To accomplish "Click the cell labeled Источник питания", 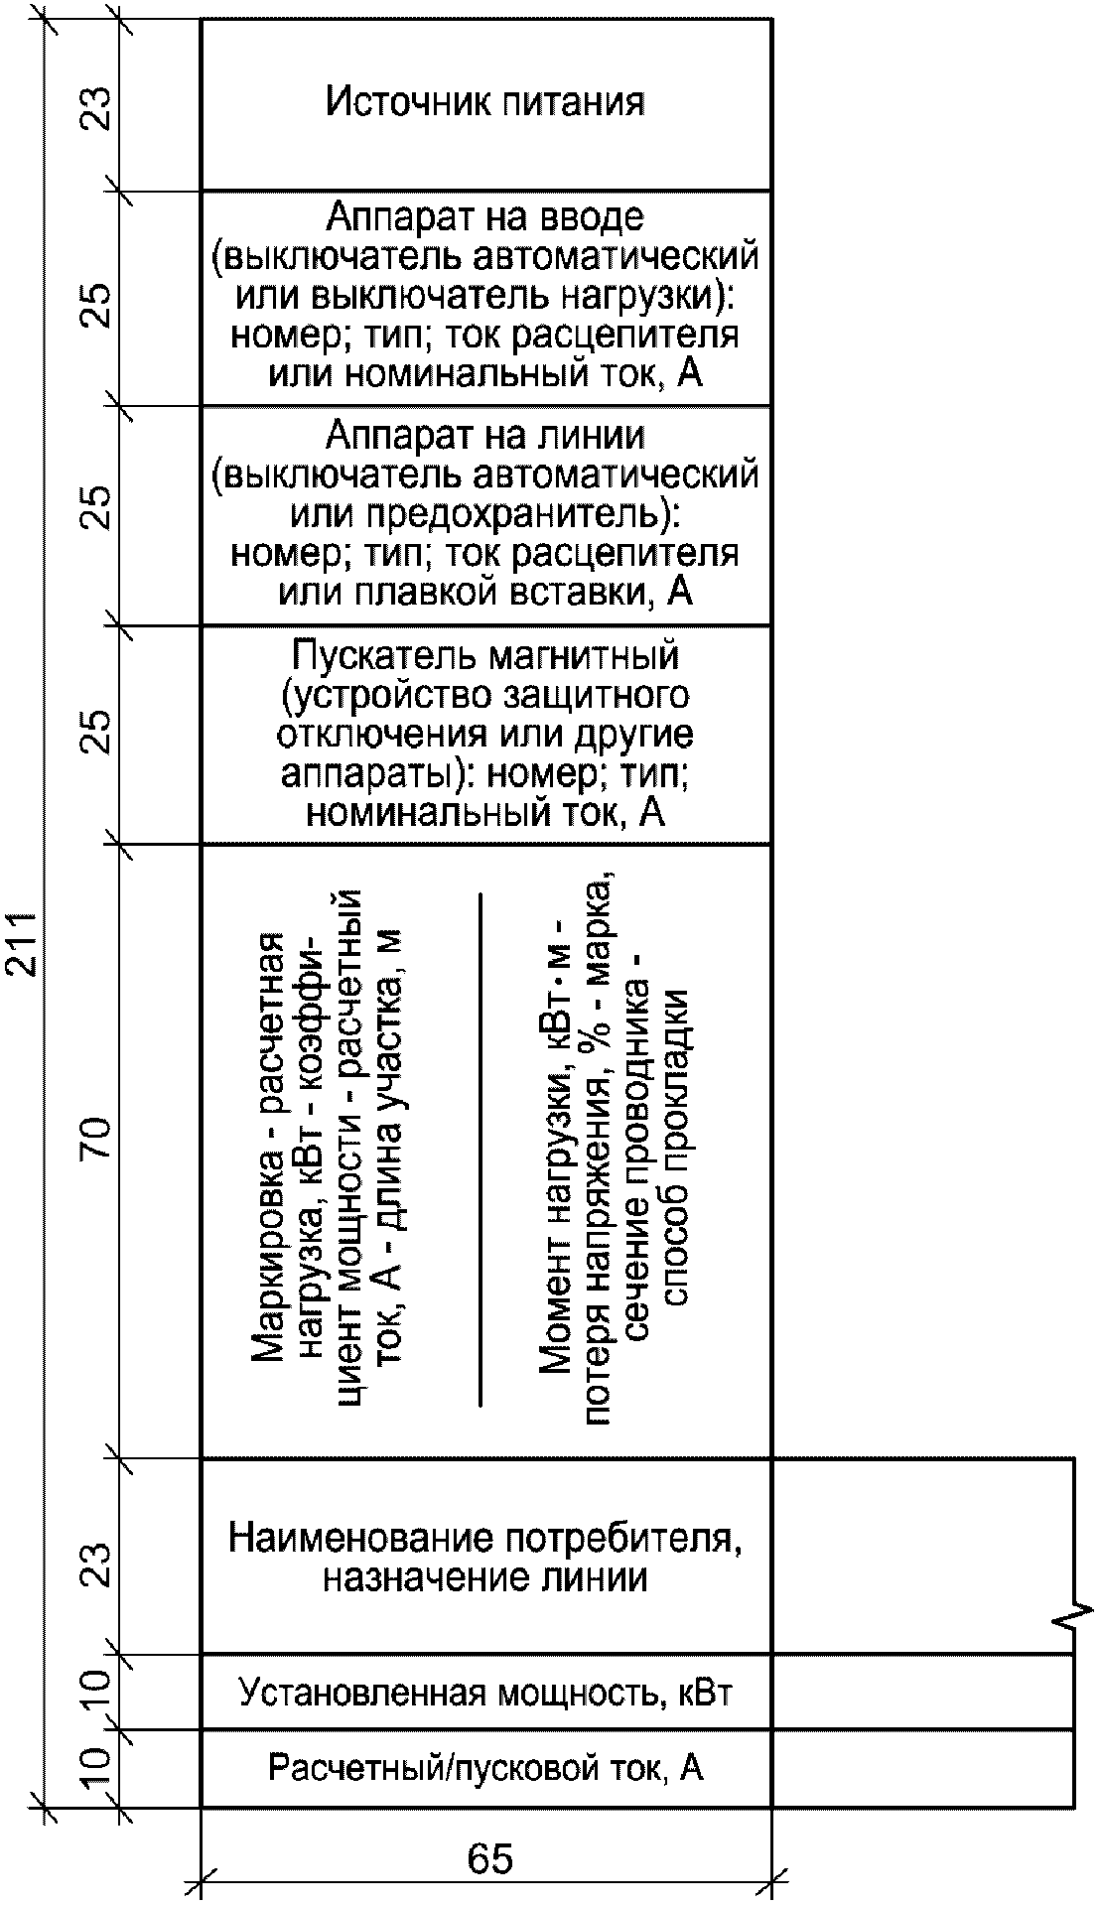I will pyautogui.click(x=485, y=102).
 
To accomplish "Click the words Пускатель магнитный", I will pyautogui.click(x=485, y=655).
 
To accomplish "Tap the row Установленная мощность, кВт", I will pyautogui.click(x=485, y=1692).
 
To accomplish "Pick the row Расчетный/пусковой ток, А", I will pyautogui.click(x=485, y=1768).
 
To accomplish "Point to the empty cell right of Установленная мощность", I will pyautogui.click(x=922, y=1692).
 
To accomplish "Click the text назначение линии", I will pyautogui.click(x=485, y=1577).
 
